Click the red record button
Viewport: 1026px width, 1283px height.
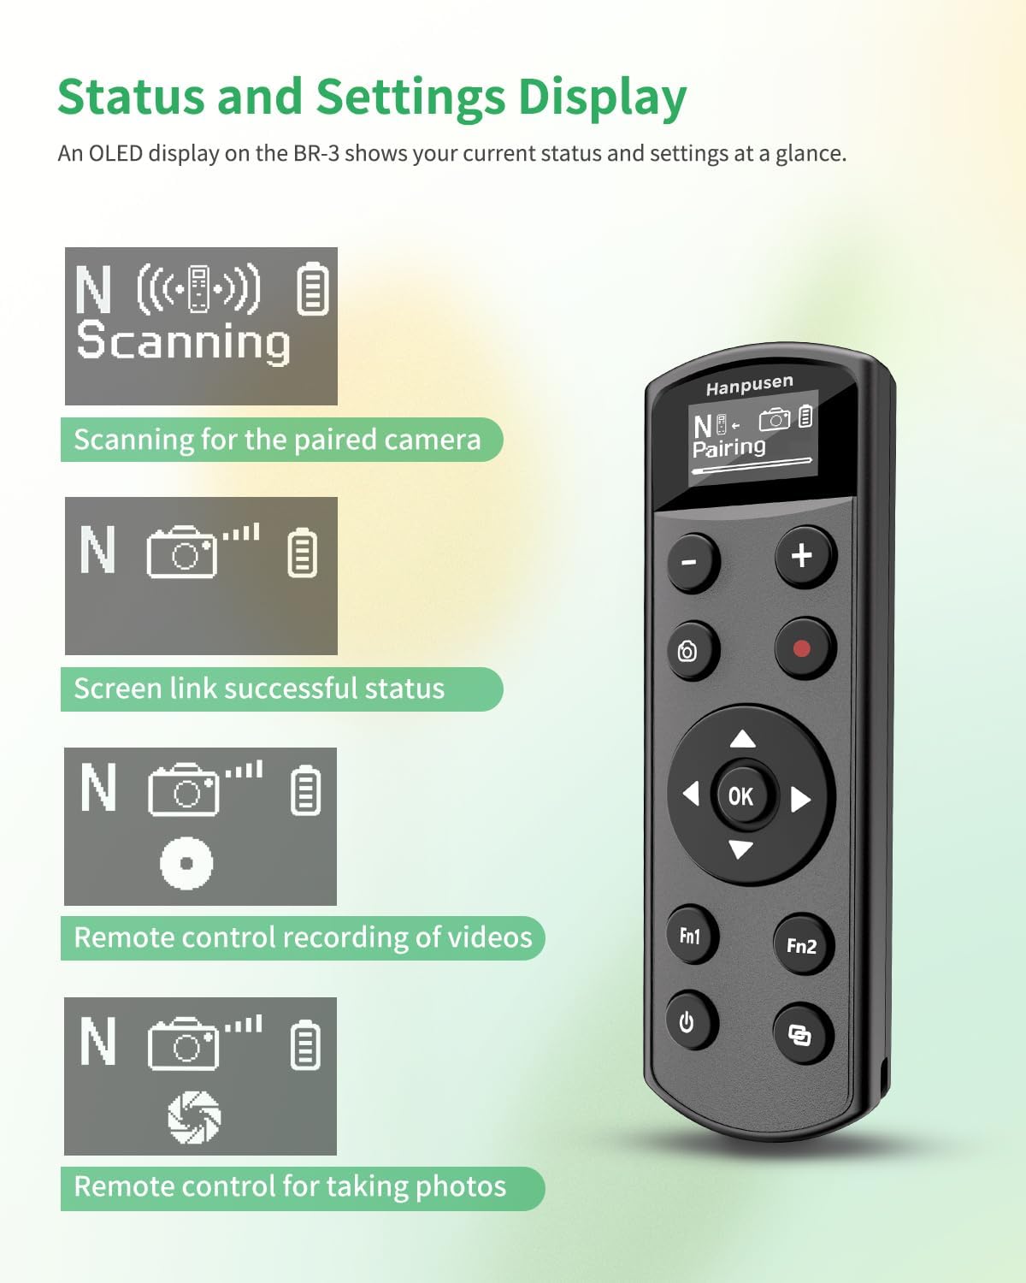click(x=802, y=648)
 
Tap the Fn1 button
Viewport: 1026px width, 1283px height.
click(x=690, y=936)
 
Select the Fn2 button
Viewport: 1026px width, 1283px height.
click(x=801, y=945)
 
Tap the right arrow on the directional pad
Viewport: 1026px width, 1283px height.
click(x=800, y=799)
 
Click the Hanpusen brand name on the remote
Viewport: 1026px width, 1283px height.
click(x=749, y=386)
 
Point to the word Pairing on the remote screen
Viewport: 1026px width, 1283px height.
click(x=728, y=447)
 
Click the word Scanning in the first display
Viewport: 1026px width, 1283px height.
click(x=183, y=341)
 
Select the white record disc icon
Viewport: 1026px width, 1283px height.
click(x=186, y=862)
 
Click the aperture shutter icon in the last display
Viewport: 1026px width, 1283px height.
click(x=194, y=1116)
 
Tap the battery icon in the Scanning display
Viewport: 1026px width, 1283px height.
click(x=312, y=289)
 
